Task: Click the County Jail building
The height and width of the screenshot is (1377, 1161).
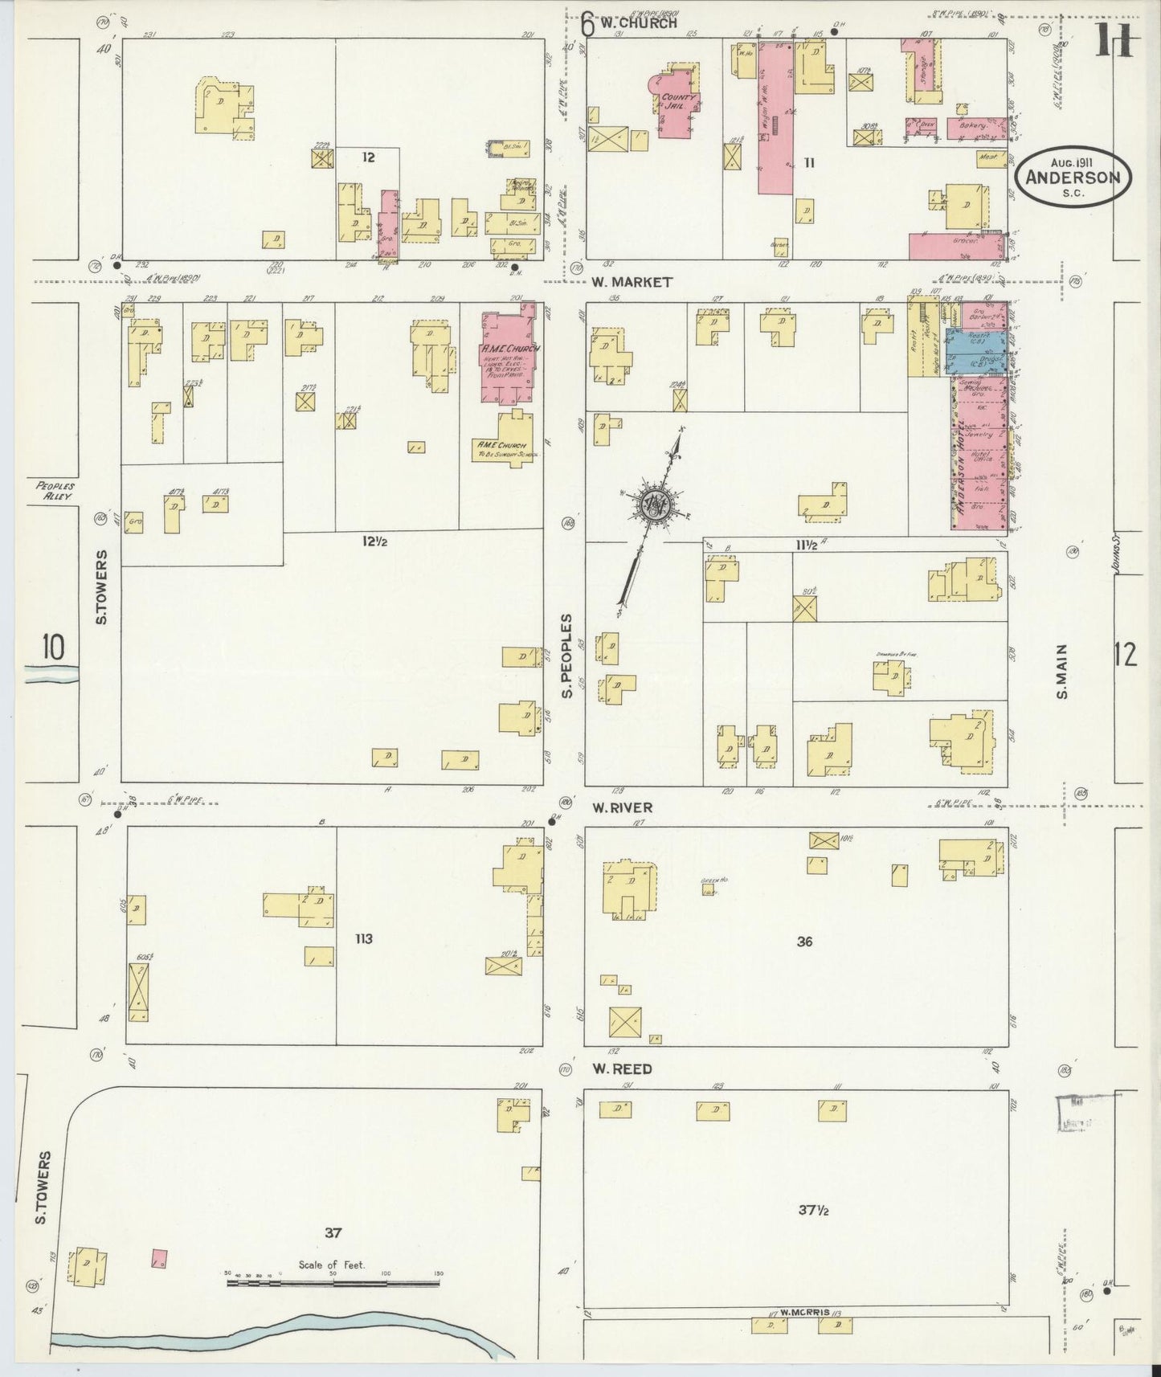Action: tap(677, 104)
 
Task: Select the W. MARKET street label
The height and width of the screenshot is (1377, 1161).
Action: tap(631, 283)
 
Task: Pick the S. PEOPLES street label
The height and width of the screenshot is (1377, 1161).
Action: tap(567, 655)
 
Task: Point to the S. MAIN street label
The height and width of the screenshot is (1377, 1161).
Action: tap(1062, 672)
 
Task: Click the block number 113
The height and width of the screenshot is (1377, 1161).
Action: tap(364, 938)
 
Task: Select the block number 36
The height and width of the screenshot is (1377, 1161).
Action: tap(804, 941)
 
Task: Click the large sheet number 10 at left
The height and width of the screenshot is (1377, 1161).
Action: tap(53, 648)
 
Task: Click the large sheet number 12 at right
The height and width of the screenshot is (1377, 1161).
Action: tap(1125, 656)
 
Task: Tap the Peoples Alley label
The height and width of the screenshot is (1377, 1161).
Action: tap(55, 491)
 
